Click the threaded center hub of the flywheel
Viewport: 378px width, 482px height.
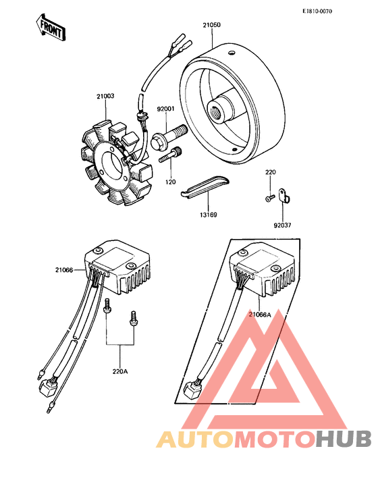click(221, 109)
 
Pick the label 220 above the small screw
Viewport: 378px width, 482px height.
click(270, 173)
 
